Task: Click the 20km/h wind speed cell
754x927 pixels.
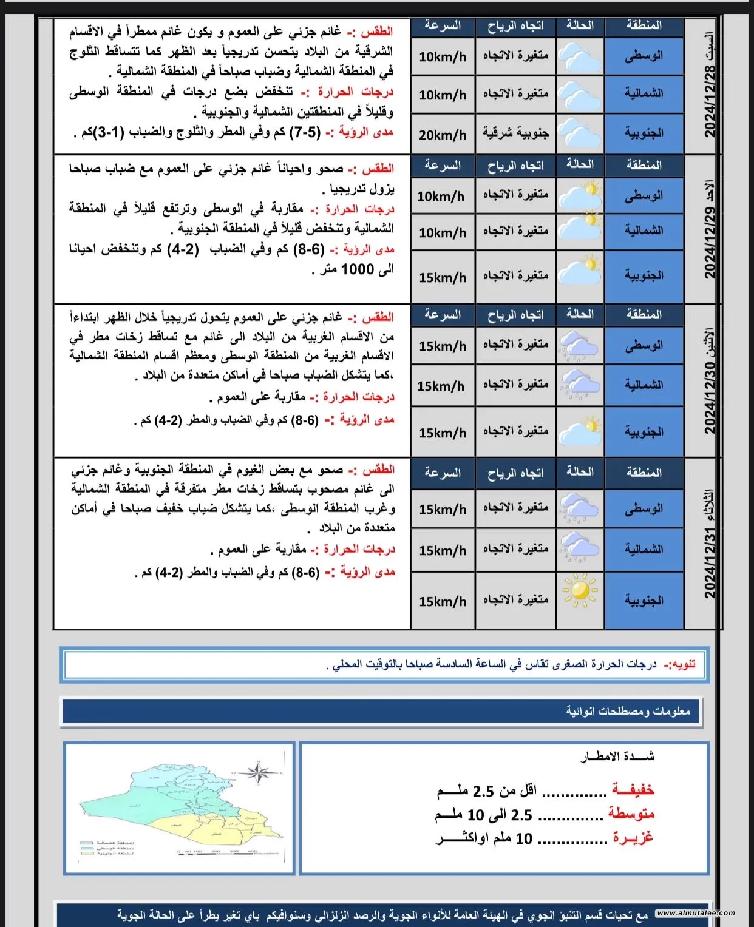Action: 443,135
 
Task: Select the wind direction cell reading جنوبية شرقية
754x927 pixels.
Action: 515,133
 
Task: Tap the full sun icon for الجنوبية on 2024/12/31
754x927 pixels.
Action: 580,590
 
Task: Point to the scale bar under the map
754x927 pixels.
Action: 228,852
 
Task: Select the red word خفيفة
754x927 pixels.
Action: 633,789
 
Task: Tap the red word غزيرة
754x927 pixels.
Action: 633,838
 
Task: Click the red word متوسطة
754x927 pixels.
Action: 631,814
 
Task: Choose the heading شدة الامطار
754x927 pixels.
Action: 617,756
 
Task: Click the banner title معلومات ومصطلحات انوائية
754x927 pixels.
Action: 628,711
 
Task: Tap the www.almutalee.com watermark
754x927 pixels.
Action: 695,913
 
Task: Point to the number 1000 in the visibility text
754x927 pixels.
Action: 358,269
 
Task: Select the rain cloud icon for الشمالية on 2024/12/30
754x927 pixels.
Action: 580,385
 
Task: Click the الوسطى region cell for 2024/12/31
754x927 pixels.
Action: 644,508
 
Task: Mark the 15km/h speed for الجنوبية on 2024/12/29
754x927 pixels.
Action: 443,277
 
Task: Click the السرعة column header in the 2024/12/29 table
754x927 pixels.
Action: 443,165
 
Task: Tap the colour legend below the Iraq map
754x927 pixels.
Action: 107,848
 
